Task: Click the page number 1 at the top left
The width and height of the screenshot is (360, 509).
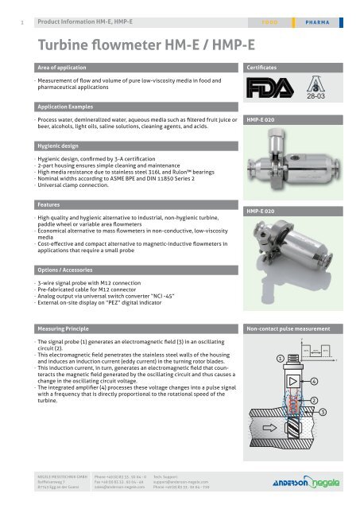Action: tap(6, 10)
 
